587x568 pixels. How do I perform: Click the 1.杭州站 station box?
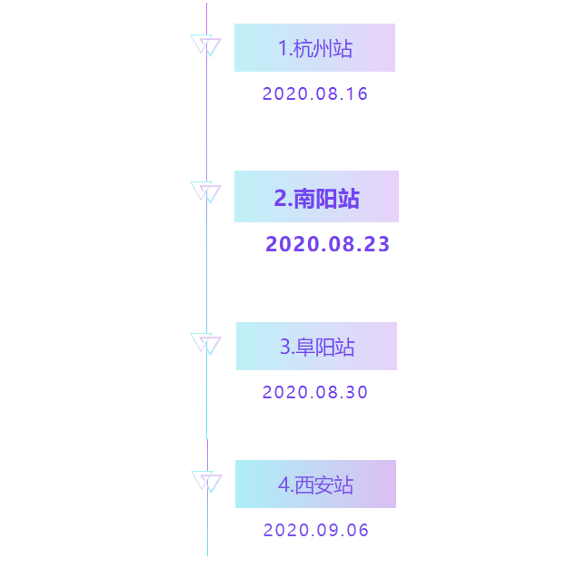314,47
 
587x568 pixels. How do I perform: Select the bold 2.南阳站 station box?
317,196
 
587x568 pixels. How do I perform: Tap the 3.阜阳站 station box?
317,346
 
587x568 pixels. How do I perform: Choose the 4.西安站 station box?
315,484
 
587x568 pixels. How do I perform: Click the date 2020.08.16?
315,93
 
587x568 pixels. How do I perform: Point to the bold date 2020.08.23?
327,244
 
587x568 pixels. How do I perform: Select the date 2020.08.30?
315,392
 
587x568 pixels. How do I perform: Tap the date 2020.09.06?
316,530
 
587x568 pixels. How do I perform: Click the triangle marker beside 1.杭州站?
205,45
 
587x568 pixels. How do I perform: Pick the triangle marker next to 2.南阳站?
205,192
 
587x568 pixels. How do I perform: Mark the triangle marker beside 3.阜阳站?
205,344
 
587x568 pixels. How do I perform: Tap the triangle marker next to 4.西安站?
206,482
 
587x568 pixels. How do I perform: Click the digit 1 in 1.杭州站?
283,49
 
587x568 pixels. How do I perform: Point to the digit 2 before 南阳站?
281,198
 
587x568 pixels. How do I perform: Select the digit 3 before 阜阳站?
285,347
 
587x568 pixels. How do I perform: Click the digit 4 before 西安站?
284,485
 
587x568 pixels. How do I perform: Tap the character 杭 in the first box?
303,49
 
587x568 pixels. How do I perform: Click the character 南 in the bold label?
304,198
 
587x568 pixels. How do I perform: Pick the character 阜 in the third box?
305,347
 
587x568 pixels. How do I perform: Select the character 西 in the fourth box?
304,485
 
